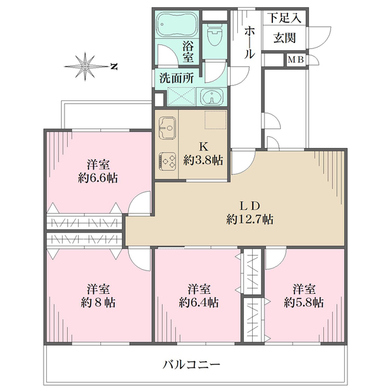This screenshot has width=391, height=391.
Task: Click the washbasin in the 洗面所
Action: point(212,98)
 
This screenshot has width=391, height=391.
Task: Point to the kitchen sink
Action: point(167,126)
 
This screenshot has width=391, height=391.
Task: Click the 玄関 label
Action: point(285,38)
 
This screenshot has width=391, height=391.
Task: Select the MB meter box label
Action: point(296,61)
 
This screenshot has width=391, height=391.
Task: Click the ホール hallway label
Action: point(250,43)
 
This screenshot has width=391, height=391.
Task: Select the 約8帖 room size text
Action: point(98,303)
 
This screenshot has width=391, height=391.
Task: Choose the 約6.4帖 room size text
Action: point(199,303)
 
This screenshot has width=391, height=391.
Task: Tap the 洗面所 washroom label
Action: point(177,78)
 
